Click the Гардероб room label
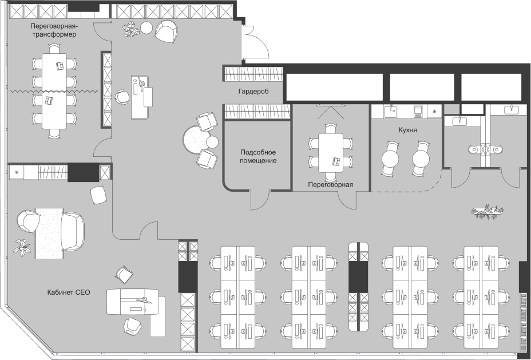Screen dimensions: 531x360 253,92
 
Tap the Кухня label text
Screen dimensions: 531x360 408,130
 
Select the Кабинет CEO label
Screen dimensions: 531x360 69,292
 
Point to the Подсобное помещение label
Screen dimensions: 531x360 258,156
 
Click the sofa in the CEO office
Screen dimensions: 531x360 73,231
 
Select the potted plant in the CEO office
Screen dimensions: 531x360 22,247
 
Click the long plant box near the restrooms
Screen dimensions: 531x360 487,211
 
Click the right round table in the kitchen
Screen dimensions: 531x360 421,158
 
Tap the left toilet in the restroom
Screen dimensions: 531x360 474,149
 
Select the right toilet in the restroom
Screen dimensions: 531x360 497,149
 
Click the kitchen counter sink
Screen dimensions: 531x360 392,110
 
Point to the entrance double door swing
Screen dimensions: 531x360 256,42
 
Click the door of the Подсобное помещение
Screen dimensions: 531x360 260,200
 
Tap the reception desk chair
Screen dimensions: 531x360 121,97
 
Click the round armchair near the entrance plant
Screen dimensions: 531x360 167,31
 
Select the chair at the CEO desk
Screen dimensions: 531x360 132,326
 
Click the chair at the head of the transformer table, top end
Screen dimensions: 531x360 54,49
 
